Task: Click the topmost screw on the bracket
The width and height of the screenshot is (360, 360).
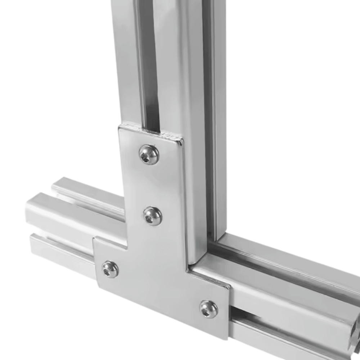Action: tap(149, 154)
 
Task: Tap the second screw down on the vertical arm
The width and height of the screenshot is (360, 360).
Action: tap(153, 216)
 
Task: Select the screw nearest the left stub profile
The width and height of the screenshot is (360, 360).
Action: tap(110, 269)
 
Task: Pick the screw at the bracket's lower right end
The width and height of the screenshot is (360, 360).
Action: tap(209, 309)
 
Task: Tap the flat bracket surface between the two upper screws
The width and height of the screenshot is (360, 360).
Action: tap(151, 185)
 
